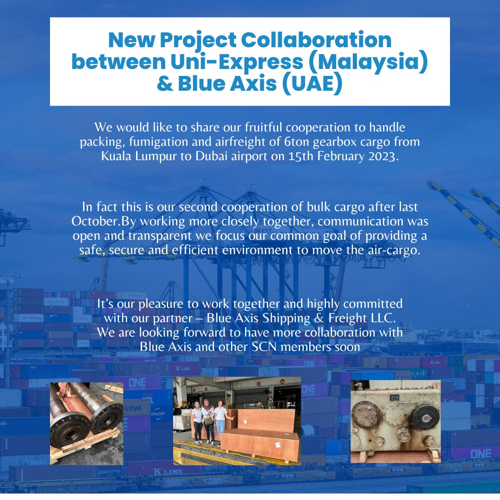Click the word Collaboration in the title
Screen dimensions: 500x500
316,40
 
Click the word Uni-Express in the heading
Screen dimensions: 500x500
237,62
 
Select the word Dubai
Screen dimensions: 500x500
212,156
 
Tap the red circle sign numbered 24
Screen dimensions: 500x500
282,381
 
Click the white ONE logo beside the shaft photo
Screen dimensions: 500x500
137,382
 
